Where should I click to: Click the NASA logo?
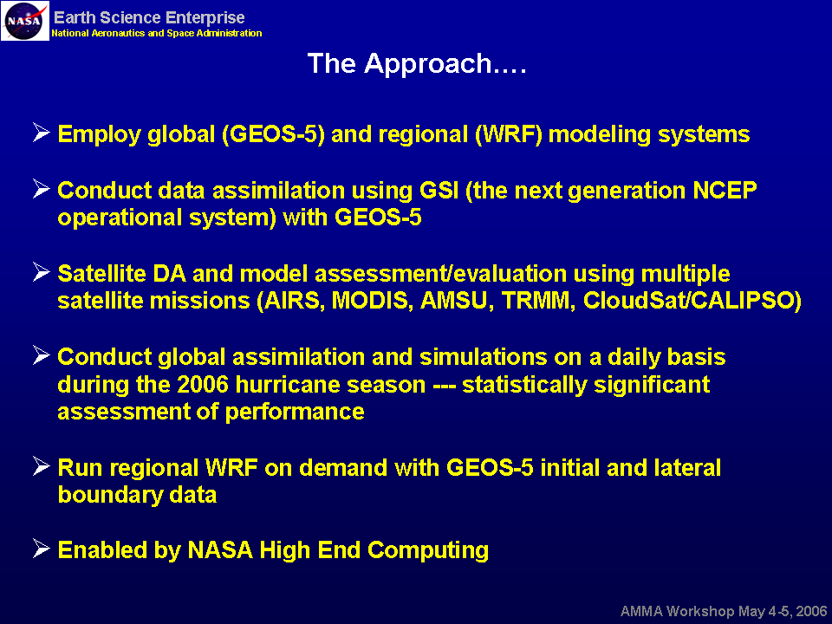pyautogui.click(x=24, y=21)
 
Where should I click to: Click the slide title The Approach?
pyautogui.click(x=417, y=64)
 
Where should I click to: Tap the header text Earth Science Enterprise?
pyautogui.click(x=149, y=17)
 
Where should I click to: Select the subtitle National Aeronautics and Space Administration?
pyautogui.click(x=157, y=33)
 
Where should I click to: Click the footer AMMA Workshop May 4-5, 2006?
pyautogui.click(x=724, y=611)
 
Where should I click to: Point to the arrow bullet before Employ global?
pyautogui.click(x=41, y=132)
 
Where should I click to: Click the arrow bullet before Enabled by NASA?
pyautogui.click(x=41, y=548)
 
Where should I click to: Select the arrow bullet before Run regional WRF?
pyautogui.click(x=41, y=466)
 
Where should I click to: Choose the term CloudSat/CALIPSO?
pyautogui.click(x=692, y=301)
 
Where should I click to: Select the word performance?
pyautogui.click(x=295, y=413)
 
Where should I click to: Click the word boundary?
pyautogui.click(x=110, y=496)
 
